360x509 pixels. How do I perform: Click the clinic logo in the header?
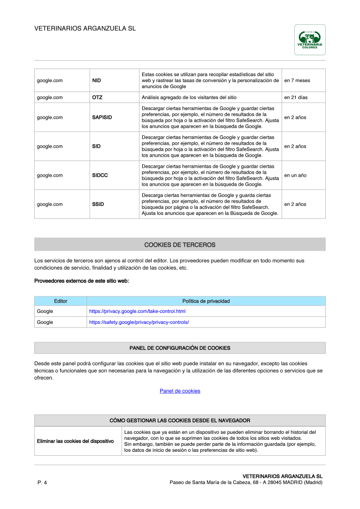point(310,40)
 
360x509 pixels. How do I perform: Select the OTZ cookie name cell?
point(97,98)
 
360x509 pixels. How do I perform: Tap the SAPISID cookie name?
point(102,117)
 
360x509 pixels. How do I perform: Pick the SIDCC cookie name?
point(100,175)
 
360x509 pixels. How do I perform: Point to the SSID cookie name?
point(98,204)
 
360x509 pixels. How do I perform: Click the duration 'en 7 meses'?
point(297,80)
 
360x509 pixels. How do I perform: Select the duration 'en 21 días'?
point(296,98)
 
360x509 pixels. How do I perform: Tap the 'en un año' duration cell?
point(295,175)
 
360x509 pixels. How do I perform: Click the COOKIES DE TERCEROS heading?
point(180,245)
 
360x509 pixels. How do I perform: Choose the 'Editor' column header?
point(61,301)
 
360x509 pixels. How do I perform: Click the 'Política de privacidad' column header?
point(206,301)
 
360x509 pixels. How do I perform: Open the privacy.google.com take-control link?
point(137,311)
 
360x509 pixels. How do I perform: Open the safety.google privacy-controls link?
point(139,322)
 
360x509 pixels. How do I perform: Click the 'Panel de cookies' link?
point(180,391)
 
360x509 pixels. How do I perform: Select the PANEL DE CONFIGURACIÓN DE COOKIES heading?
point(180,348)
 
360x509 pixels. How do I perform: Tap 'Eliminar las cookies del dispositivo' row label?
point(76,441)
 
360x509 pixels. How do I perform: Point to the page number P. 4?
point(42,483)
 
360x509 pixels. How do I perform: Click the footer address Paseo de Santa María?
point(246,483)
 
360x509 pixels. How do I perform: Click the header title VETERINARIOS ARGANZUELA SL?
point(85,29)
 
